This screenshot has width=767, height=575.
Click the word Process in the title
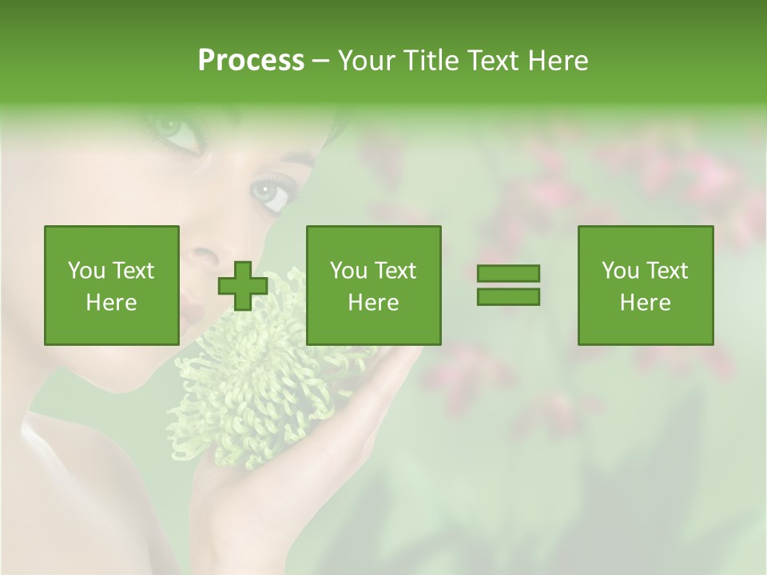point(251,61)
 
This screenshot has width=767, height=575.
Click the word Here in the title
point(558,61)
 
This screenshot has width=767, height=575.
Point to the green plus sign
point(243,286)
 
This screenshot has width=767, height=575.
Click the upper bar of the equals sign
point(508,273)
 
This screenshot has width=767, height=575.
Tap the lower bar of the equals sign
point(508,296)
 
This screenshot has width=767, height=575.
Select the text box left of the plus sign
point(111,285)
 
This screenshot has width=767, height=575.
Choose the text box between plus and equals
point(373,285)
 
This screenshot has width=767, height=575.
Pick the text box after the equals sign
point(645,285)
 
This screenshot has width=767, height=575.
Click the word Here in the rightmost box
point(645,302)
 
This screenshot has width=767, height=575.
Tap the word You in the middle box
point(348,271)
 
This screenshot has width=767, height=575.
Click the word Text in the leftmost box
point(133,271)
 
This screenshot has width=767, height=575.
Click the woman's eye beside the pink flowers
point(270,192)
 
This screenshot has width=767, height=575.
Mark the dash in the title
point(320,61)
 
